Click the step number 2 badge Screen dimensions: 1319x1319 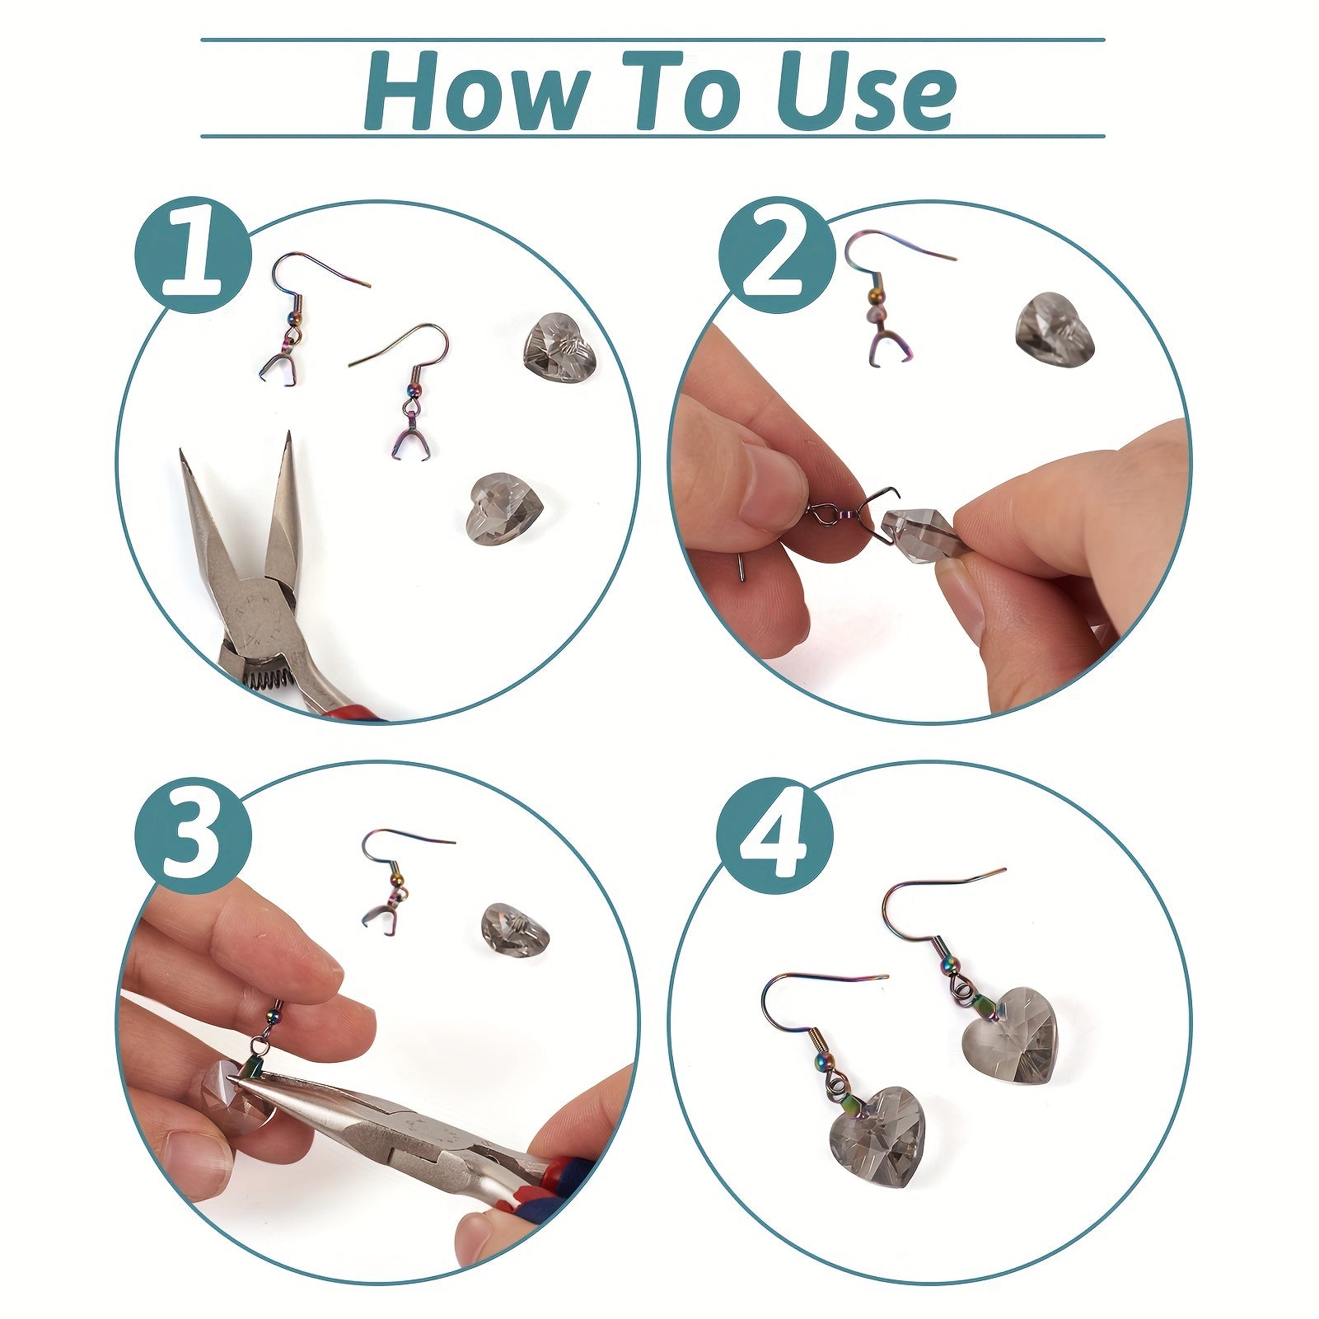pos(774,255)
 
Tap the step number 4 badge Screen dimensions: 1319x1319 pos(774,834)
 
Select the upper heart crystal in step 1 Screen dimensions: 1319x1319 pos(559,344)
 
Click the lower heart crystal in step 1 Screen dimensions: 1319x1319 pos(502,508)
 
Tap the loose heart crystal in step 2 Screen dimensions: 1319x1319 pos(1055,329)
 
